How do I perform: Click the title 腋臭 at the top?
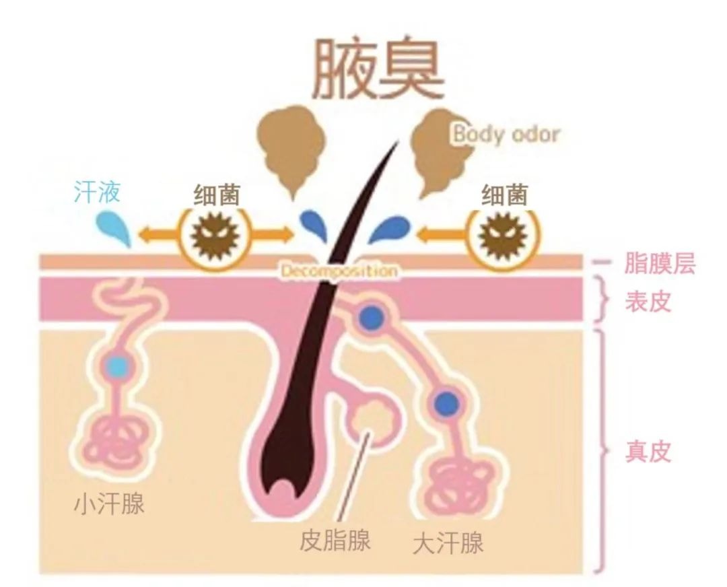[x=378, y=69]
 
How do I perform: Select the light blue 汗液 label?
[x=98, y=191]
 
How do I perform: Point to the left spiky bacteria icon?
[x=215, y=235]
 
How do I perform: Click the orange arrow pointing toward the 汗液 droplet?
[x=158, y=233]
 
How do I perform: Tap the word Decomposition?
[x=339, y=271]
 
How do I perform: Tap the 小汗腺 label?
[x=110, y=503]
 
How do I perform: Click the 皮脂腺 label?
[x=335, y=540]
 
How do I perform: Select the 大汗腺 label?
[x=448, y=543]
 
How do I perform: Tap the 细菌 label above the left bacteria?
[x=217, y=195]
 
